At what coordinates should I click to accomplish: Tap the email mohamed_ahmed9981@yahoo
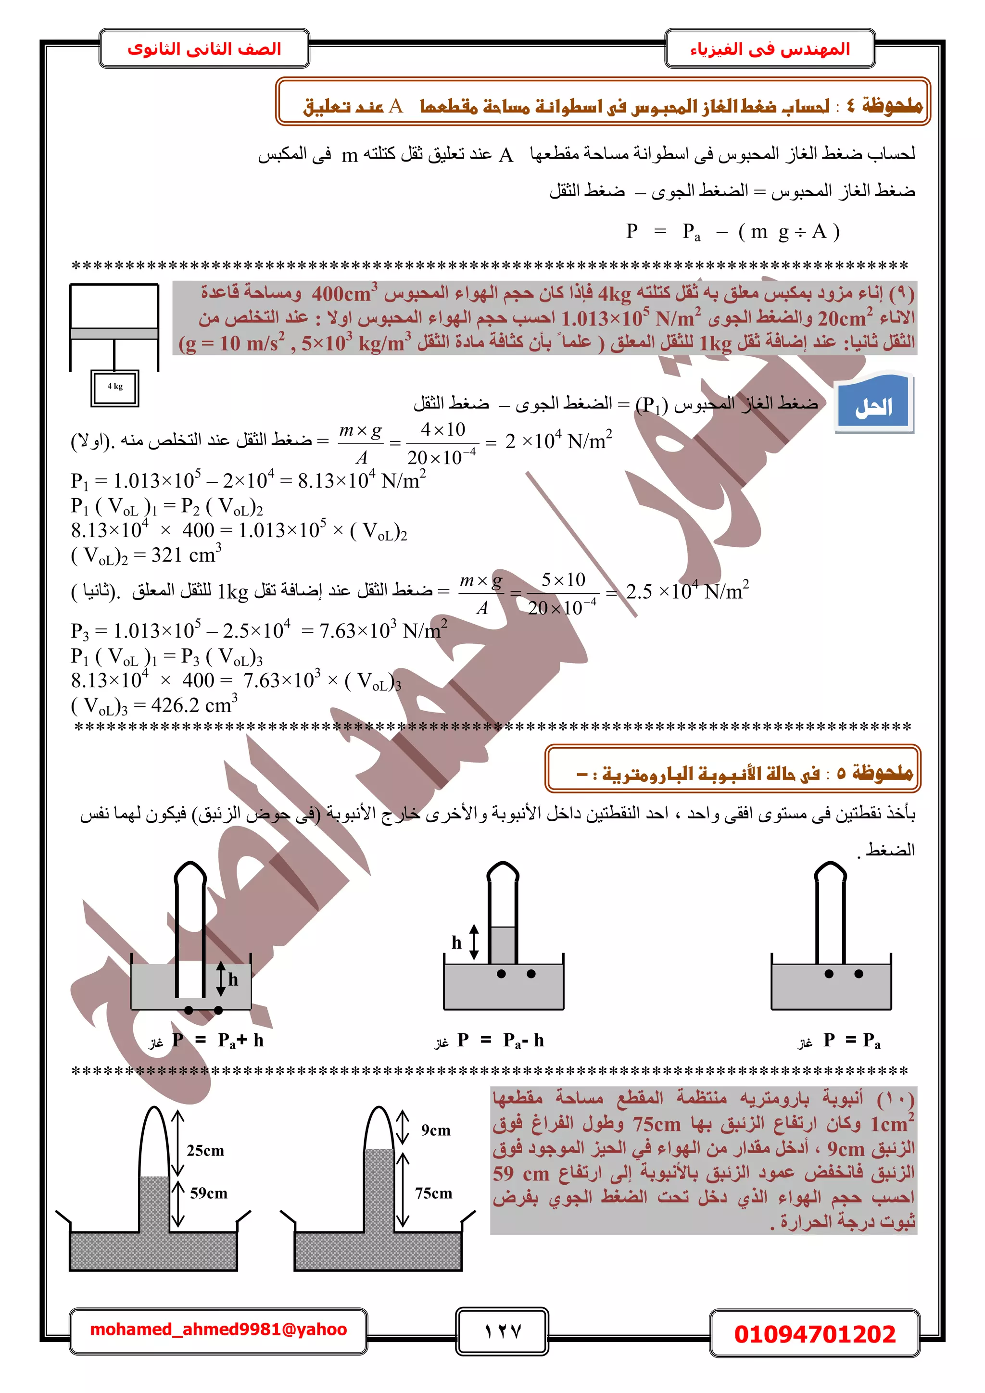click(218, 1330)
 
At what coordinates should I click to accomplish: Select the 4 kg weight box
click(114, 387)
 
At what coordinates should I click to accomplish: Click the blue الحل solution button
click(874, 405)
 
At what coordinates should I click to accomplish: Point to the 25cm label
click(205, 1150)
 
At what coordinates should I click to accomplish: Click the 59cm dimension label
click(208, 1193)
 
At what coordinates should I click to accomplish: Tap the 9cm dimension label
click(436, 1129)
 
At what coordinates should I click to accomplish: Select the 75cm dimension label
click(433, 1193)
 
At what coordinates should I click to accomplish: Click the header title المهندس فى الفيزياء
click(770, 49)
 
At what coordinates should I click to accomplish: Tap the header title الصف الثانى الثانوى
click(204, 49)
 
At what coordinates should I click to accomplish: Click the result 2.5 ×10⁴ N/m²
click(687, 591)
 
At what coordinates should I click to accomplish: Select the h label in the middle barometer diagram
click(456, 942)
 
